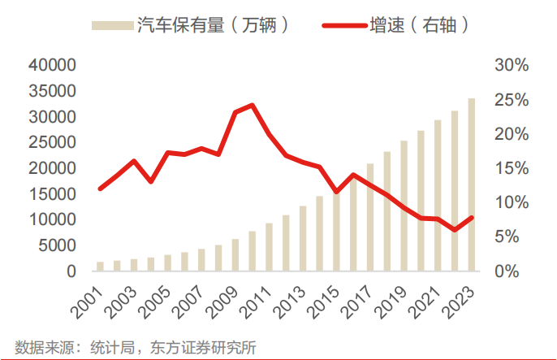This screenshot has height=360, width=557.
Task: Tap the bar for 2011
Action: click(x=269, y=247)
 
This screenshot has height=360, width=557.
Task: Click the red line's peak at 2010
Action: click(x=252, y=105)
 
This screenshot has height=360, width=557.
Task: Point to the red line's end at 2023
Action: click(x=471, y=217)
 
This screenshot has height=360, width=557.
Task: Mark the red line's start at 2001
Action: click(x=100, y=189)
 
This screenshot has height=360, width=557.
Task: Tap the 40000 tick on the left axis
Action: click(x=52, y=65)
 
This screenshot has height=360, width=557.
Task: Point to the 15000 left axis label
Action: click(x=52, y=194)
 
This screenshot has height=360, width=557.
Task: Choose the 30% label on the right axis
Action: click(x=512, y=65)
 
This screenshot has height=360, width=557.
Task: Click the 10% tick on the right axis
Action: click(x=512, y=202)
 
